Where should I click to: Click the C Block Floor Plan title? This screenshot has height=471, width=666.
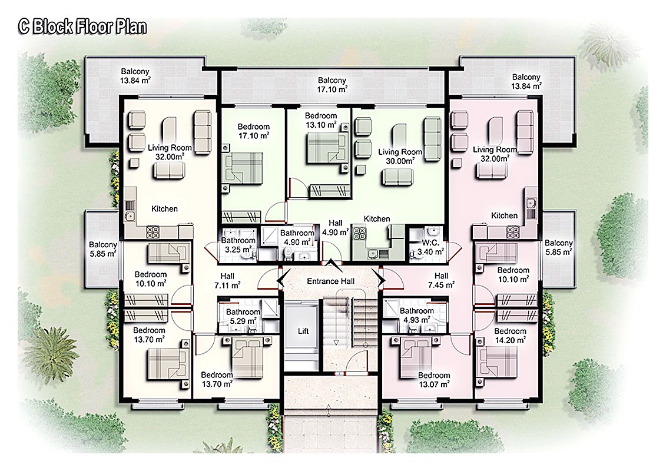82,27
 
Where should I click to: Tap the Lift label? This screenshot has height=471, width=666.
303,331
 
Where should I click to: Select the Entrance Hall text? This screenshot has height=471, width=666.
330,281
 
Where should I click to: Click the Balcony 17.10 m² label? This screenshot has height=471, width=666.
332,85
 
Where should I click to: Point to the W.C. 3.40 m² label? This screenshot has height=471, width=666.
430,248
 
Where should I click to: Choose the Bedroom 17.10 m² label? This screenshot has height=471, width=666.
253,131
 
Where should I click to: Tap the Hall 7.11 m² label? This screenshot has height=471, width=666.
227,280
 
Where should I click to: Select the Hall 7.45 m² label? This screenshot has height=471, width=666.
442,280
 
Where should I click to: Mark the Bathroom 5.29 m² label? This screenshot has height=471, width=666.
243,317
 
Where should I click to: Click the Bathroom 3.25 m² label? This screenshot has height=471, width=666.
238,245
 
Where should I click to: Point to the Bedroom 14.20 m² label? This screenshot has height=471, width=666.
510,336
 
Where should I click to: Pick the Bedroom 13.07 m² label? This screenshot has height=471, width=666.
434,380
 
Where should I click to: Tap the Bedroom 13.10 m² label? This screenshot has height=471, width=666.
320,120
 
